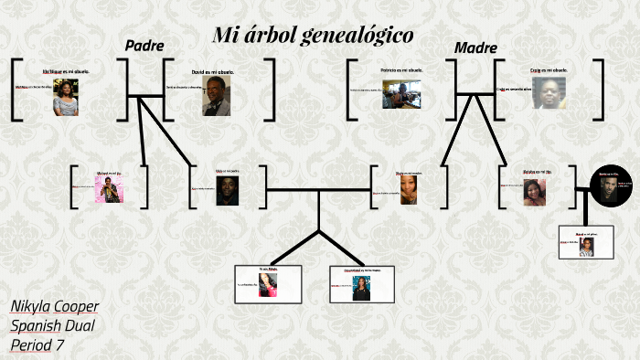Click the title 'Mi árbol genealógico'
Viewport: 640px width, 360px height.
coord(313,36)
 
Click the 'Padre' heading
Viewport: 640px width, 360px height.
coord(144,46)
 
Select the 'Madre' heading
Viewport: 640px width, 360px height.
coord(475,48)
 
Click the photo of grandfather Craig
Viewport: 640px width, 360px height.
coord(549,92)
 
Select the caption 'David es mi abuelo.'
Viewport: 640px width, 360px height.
coord(212,70)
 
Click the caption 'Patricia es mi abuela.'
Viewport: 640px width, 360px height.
coord(401,69)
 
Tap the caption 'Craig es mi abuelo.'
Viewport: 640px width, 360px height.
coord(549,69)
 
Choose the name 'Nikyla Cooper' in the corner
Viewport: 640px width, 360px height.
coord(55,306)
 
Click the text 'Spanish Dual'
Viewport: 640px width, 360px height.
coord(53,325)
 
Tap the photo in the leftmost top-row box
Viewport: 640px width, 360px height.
coord(66,97)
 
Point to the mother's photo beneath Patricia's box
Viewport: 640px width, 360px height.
coord(409,189)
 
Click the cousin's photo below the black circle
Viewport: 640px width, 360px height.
coord(586,248)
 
